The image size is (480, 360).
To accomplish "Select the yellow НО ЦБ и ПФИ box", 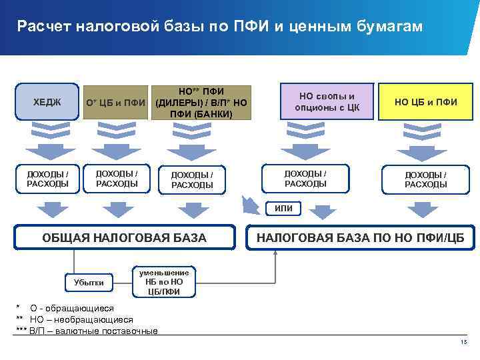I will [x=425, y=102].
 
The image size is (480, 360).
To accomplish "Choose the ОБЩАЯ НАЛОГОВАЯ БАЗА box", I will [x=125, y=237].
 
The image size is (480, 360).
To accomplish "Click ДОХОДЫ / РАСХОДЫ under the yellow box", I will [x=425, y=179].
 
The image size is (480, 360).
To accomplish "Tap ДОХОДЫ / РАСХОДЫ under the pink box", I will [x=305, y=178].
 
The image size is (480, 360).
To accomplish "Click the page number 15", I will [x=464, y=343].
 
